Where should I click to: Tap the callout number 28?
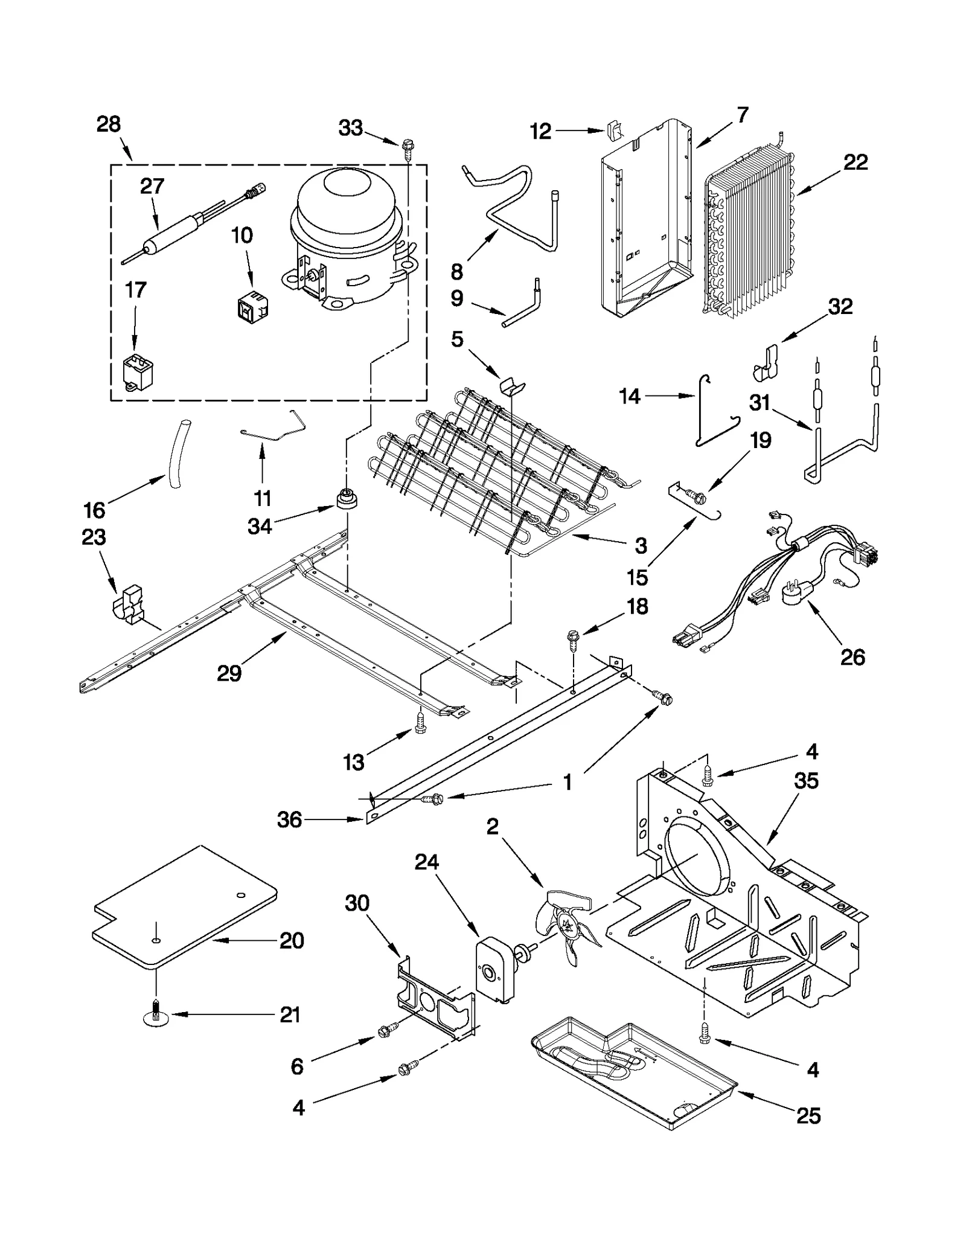click(109, 124)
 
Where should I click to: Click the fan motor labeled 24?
click(495, 972)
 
